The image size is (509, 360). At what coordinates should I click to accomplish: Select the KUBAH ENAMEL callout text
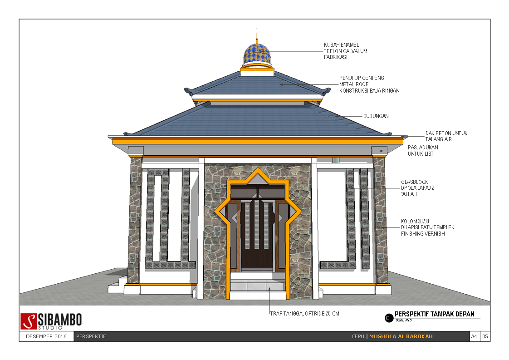345,51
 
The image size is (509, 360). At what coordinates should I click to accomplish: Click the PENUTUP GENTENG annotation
369,84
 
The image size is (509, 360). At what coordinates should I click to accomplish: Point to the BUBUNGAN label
376,116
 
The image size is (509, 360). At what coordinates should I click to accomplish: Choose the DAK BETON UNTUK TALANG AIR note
446,136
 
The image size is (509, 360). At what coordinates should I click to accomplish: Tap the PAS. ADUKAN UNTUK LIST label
423,151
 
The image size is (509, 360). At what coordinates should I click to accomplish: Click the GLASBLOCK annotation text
417,188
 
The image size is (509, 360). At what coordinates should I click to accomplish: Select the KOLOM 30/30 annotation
427,227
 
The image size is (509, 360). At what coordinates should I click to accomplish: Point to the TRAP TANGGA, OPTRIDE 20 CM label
304,314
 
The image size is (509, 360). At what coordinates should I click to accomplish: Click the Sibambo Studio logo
52,321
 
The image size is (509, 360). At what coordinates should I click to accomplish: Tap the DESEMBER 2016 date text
46,337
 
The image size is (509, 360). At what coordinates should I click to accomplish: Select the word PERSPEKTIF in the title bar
91,337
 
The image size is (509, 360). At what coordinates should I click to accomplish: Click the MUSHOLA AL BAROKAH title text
401,337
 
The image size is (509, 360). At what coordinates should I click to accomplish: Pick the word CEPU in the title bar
357,337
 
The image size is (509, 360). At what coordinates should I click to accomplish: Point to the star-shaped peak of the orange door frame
258,173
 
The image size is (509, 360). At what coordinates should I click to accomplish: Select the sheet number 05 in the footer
485,337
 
